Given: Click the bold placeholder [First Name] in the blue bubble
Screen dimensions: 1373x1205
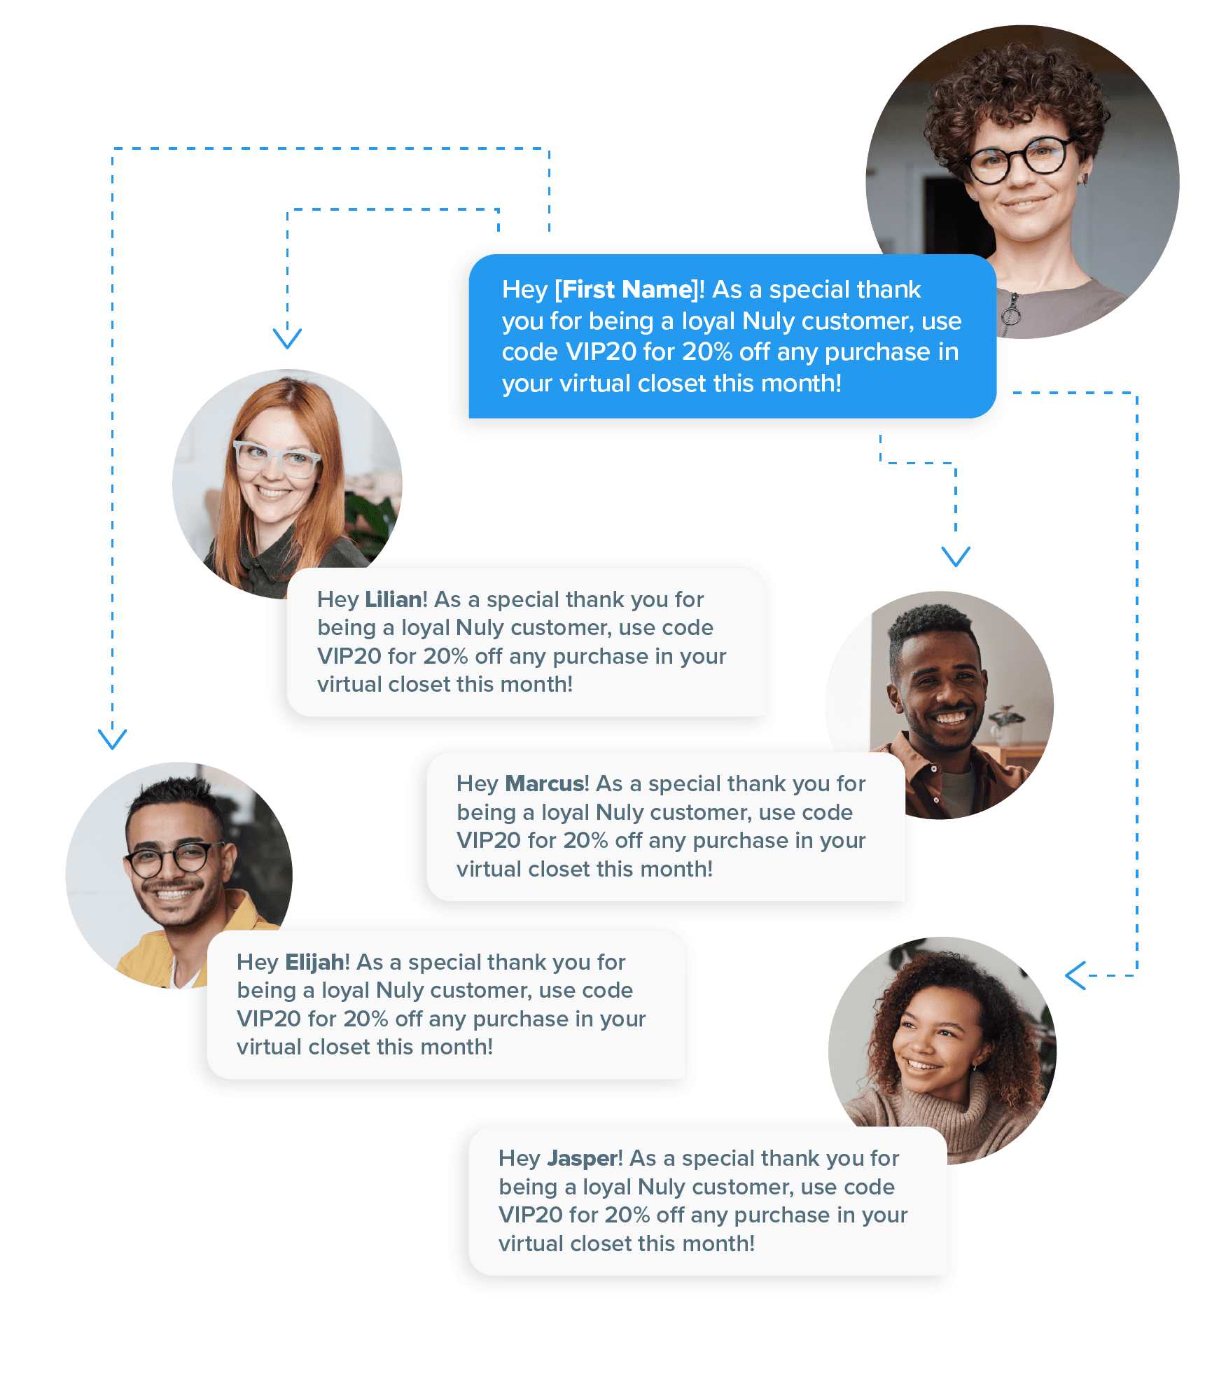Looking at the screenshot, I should click(x=627, y=290).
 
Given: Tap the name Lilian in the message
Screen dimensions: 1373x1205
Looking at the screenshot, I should click(x=393, y=600).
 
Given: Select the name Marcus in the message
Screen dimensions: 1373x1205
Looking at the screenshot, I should click(x=547, y=784).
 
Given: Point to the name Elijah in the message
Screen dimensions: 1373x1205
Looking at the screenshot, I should click(x=314, y=963).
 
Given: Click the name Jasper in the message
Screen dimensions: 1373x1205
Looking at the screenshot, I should click(x=583, y=1159).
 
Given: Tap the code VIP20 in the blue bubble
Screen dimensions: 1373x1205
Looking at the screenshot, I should click(x=600, y=352).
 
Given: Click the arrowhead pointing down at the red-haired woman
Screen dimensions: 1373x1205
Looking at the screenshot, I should click(x=287, y=338).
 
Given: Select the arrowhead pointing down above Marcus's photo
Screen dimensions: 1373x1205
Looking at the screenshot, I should click(x=956, y=557).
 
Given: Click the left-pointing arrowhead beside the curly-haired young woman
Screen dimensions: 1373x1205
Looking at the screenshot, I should click(x=1075, y=975).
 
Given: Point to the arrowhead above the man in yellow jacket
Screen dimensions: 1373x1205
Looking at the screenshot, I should click(x=113, y=739).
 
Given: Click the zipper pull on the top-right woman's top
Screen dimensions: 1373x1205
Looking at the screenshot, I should click(x=1010, y=314).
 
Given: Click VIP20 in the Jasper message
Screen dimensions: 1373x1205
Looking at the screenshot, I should click(x=530, y=1215).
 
